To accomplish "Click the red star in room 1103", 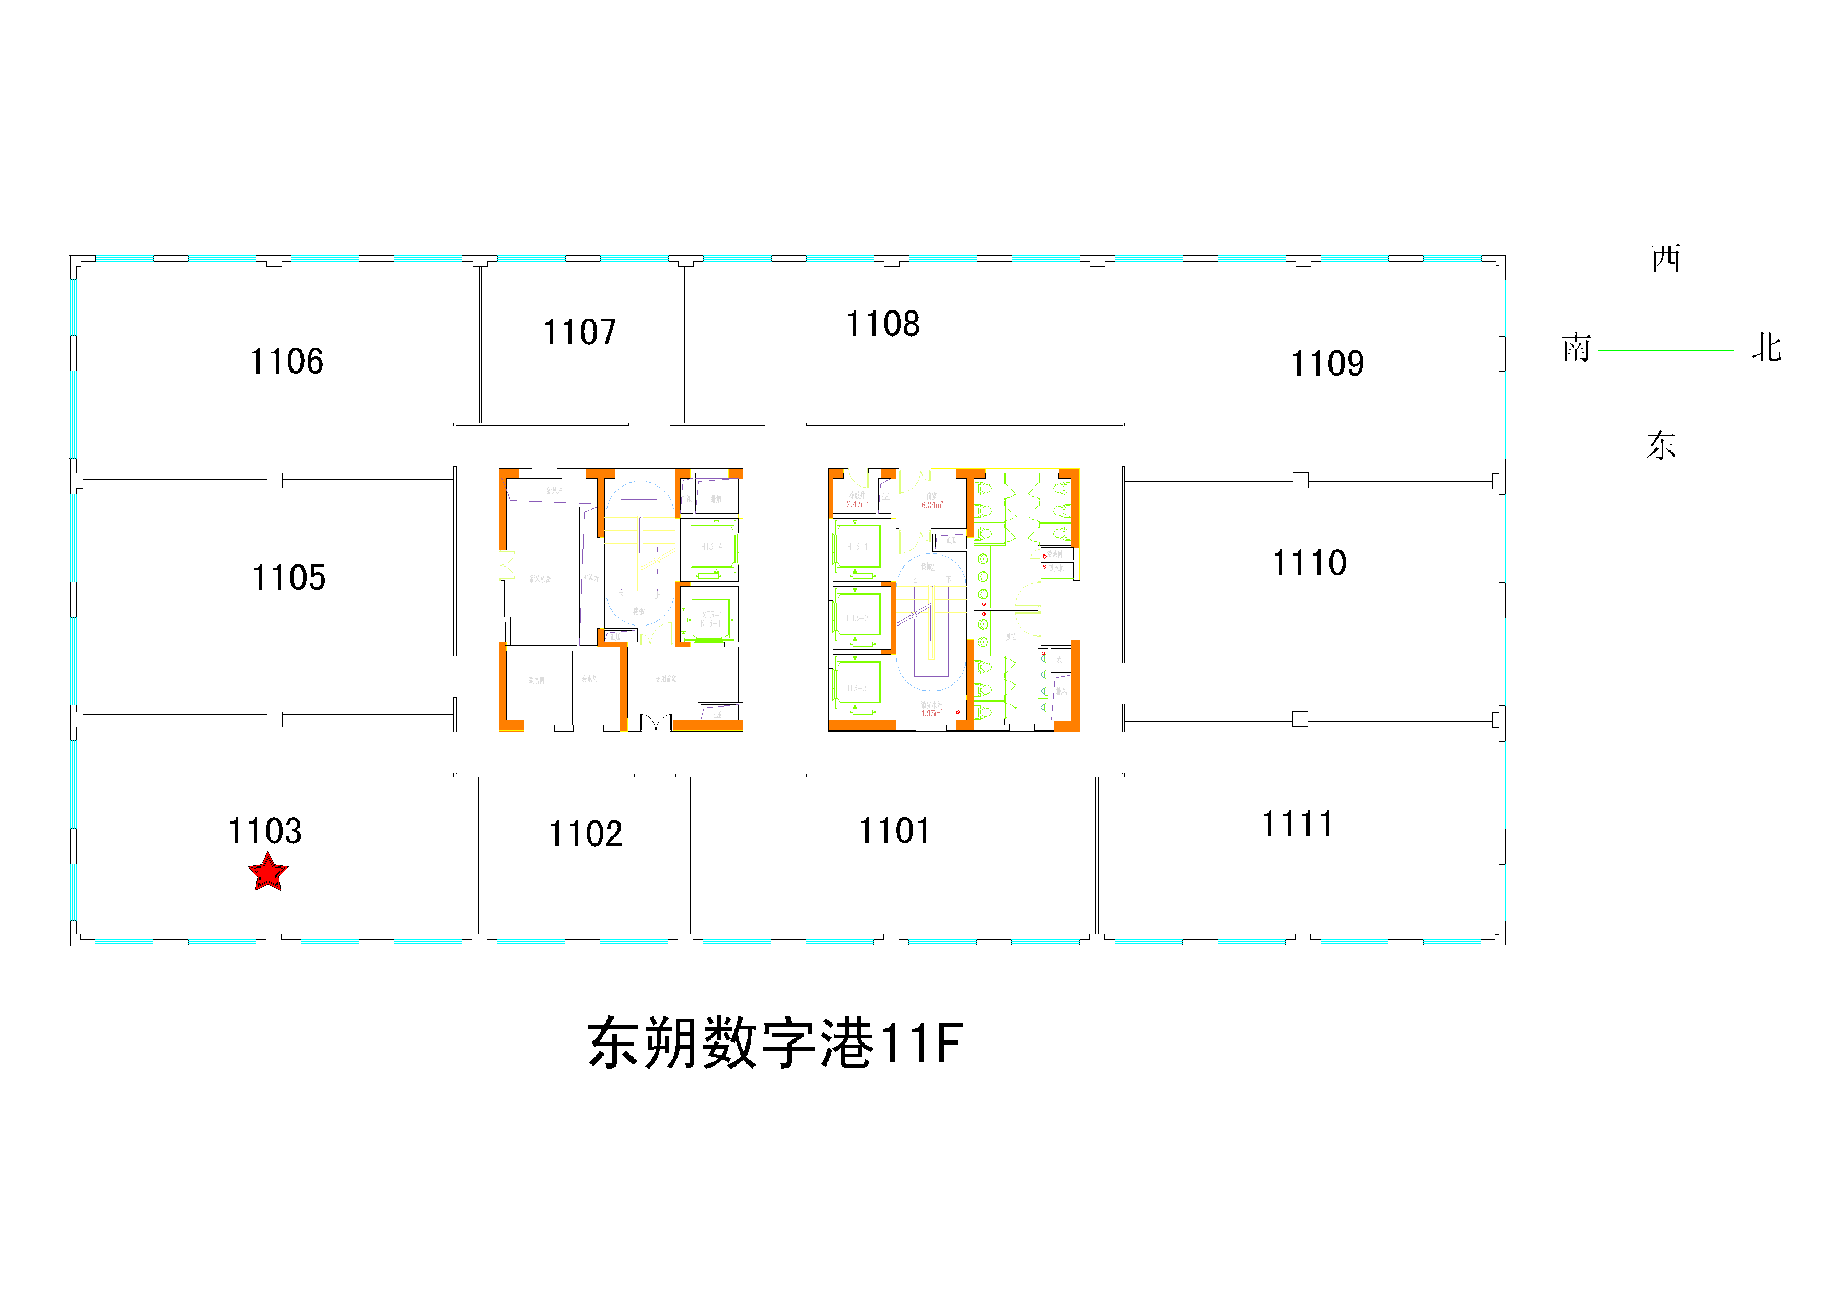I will [x=268, y=872].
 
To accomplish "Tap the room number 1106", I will [x=287, y=362].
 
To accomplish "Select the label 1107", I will [x=580, y=332].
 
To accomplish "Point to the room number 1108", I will [x=883, y=324].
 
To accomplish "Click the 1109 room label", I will [x=1328, y=364].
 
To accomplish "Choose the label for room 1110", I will [x=1310, y=563].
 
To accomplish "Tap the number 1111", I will [x=1298, y=824].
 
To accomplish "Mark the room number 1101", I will [x=894, y=831].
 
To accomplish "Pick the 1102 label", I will [x=586, y=834].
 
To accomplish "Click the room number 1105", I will [x=289, y=578].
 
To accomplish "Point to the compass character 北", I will [x=1766, y=349].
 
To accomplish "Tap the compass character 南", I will [x=1576, y=349].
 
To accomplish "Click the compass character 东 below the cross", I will [x=1661, y=445].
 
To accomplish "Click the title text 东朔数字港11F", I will [x=775, y=1043].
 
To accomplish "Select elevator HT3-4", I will [x=711, y=547].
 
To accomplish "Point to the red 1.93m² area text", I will [x=931, y=713].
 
